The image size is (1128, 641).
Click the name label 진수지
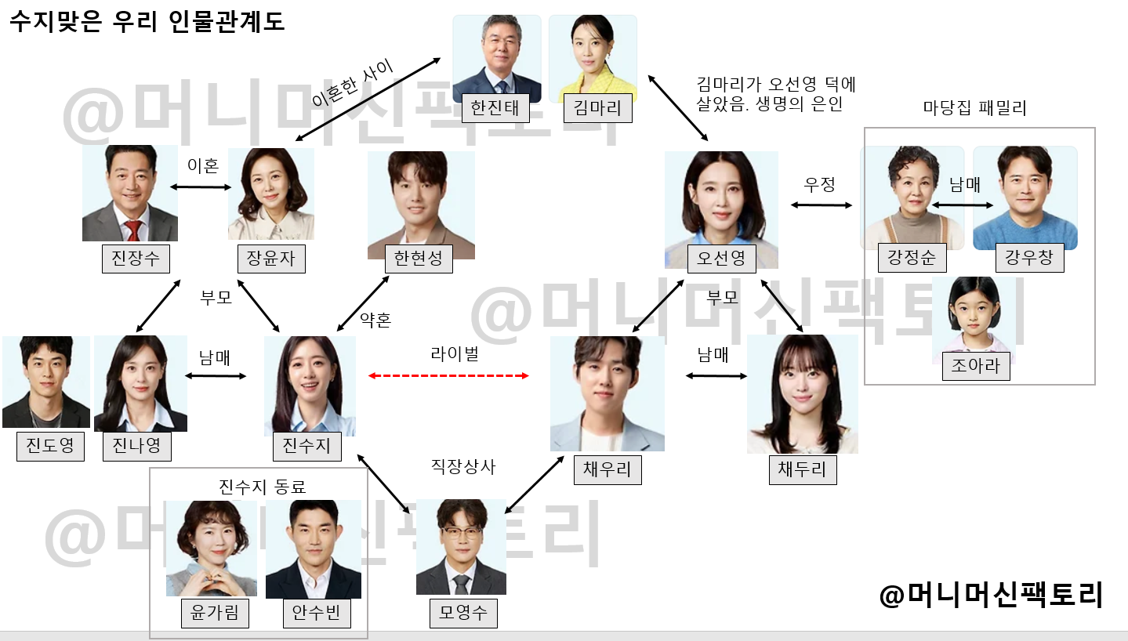[x=307, y=446]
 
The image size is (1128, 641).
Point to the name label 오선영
[x=721, y=257]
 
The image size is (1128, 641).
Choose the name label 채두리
[x=803, y=469]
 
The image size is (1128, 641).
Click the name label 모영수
[x=463, y=613]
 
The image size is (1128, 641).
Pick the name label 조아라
[x=976, y=365]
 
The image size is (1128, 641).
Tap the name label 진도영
[x=50, y=446]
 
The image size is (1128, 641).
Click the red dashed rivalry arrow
[x=449, y=376]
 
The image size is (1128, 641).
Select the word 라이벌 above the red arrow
[x=455, y=353]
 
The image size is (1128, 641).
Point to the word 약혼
[x=375, y=320]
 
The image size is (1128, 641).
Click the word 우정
[x=820, y=184]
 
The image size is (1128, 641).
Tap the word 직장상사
[x=463, y=466]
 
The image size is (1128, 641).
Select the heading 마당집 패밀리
[x=974, y=109]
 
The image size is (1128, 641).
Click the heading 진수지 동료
[x=262, y=487]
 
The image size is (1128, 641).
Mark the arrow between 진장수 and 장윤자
[x=202, y=187]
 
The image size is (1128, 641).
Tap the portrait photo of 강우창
[x=1025, y=197]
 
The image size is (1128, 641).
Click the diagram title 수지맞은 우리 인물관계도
[x=147, y=21]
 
